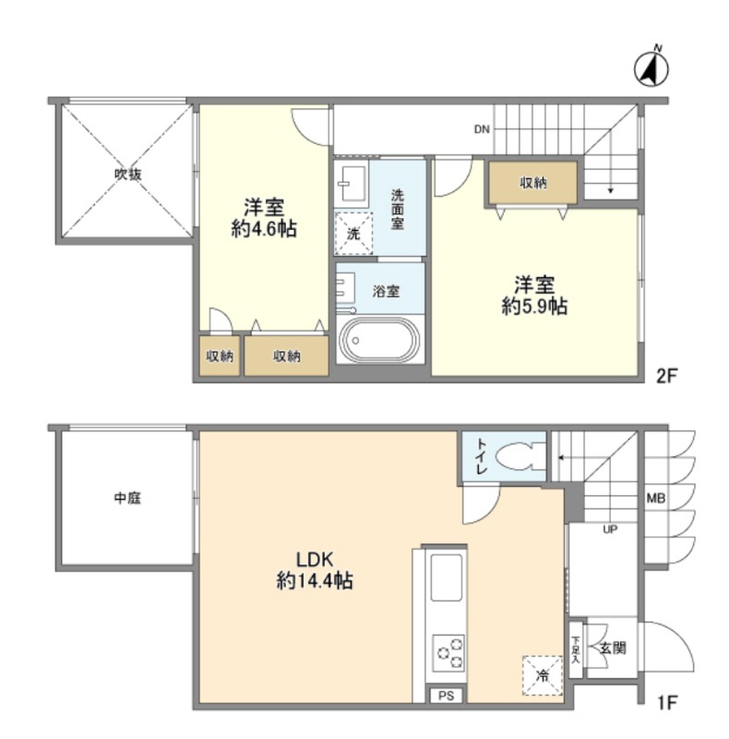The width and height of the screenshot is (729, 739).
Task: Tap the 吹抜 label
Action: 128,174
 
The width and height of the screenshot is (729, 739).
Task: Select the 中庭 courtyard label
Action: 127,498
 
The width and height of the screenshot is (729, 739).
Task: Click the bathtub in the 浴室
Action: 379,339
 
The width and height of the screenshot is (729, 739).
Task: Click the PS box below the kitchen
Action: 446,696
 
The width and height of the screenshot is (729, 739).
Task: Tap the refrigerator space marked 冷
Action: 543,676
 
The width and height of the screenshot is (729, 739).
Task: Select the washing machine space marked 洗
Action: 353,234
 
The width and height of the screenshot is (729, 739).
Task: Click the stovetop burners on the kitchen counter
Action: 448,653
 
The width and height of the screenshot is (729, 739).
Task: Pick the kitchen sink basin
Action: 446,577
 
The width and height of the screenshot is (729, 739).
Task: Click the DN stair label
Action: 482,129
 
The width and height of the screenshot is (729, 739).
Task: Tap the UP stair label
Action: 610,529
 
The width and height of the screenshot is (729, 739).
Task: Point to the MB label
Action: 655,498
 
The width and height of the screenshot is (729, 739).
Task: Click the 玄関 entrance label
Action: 613,648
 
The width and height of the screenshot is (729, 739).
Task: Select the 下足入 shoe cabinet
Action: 576,650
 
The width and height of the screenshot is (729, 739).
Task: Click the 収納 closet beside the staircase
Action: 533,183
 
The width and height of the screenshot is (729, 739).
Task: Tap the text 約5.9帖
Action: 534,307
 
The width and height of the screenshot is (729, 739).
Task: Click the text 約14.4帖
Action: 315,581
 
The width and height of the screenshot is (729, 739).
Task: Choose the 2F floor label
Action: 666,376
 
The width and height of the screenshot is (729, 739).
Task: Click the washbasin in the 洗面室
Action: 353,184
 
